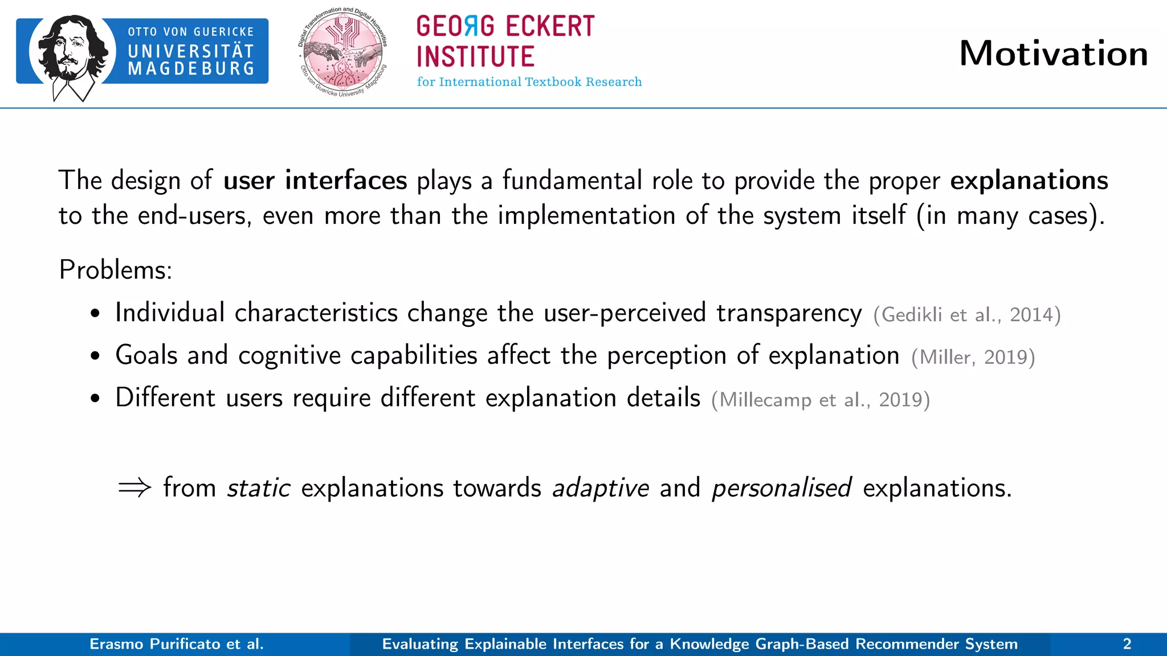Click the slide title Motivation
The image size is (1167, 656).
click(1053, 54)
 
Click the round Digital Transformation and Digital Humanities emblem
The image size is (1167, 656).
click(343, 52)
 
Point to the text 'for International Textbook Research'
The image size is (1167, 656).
click(529, 82)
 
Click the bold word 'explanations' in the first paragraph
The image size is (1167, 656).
click(1029, 181)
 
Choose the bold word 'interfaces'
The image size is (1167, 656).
click(346, 181)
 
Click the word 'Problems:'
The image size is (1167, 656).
click(115, 269)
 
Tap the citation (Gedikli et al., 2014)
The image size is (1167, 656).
click(966, 314)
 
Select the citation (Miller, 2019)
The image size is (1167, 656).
click(973, 357)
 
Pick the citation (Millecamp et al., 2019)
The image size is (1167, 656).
click(820, 400)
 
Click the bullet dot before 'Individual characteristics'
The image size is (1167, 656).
click(95, 314)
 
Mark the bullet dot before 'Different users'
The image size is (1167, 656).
click(95, 399)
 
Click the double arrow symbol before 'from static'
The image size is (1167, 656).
click(134, 488)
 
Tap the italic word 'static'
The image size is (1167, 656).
click(259, 488)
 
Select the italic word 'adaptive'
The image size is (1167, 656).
click(601, 488)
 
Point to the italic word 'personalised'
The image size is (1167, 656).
click(781, 488)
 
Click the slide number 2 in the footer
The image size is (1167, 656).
click(1127, 644)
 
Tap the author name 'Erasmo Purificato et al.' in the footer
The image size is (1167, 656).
click(177, 644)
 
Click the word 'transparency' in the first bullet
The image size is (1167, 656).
click(789, 313)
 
